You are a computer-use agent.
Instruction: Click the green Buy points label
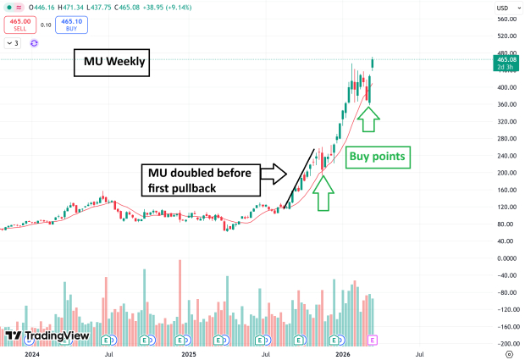click(378, 156)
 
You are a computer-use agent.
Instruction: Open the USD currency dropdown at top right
click(506, 8)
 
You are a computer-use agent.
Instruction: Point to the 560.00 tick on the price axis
click(508, 19)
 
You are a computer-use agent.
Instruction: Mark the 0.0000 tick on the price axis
click(508, 258)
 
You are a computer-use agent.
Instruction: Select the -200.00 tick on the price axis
click(508, 344)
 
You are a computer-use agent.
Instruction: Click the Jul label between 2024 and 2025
click(109, 356)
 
